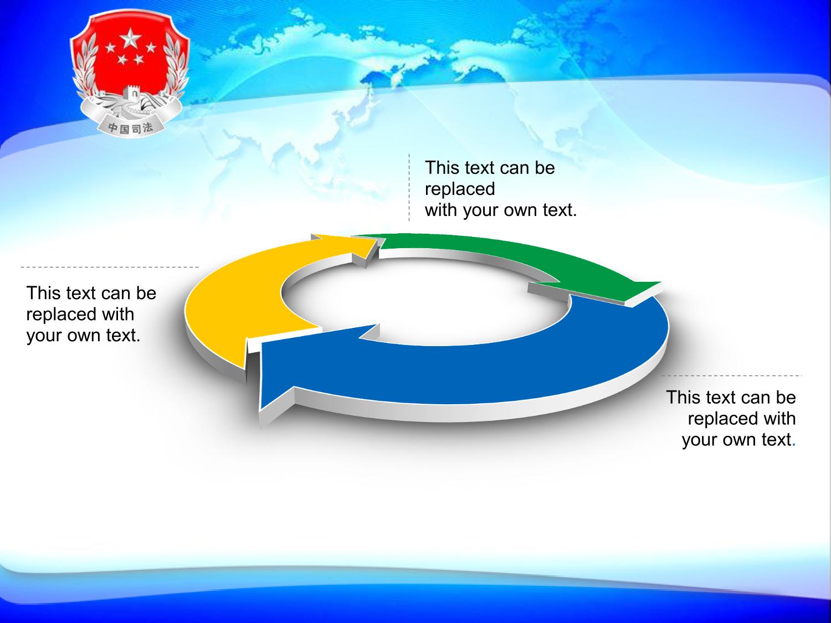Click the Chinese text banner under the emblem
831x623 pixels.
click(131, 127)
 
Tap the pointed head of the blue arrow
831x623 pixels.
click(260, 409)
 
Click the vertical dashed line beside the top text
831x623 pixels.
click(409, 188)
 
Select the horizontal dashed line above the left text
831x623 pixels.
click(110, 267)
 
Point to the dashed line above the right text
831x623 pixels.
click(731, 375)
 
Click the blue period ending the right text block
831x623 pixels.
click(793, 445)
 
